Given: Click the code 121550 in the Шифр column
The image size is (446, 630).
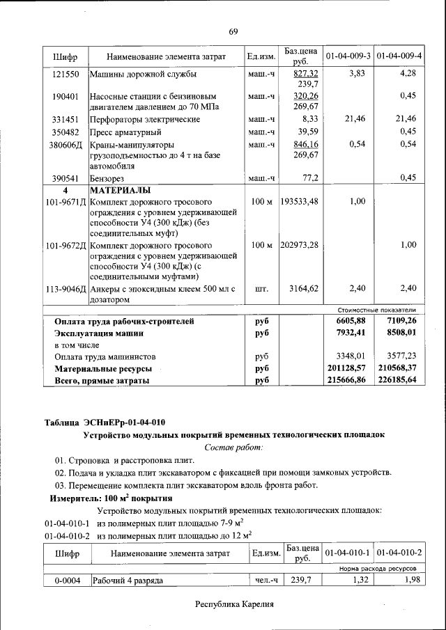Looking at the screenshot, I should pyautogui.click(x=66, y=73).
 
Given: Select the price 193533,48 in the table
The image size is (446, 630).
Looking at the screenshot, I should pyautogui.click(x=300, y=201).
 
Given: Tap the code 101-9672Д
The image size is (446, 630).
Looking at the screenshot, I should pyautogui.click(x=66, y=246).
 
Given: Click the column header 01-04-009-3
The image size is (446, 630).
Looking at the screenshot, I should pyautogui.click(x=348, y=55).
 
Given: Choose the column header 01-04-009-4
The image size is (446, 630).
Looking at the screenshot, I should pyautogui.click(x=399, y=55).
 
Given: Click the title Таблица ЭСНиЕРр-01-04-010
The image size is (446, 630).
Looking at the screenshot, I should pyautogui.click(x=105, y=422).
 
